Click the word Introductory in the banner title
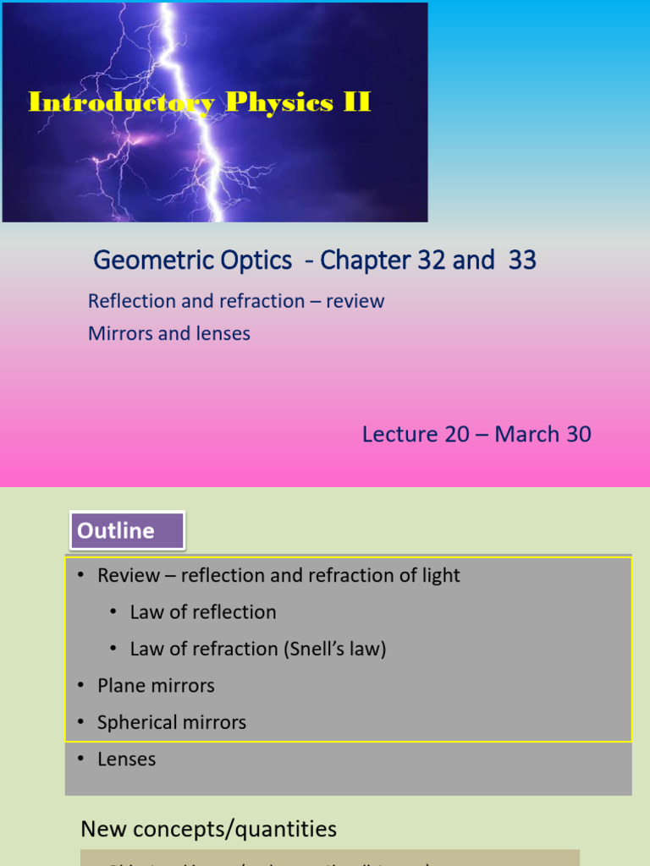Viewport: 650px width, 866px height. (121, 103)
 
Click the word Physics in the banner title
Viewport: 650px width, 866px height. (279, 103)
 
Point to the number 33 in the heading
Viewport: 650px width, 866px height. (522, 260)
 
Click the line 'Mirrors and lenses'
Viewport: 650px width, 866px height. (169, 333)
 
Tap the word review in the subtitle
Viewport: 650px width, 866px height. (355, 301)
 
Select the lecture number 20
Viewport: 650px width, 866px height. (453, 435)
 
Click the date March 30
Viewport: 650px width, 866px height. (543, 435)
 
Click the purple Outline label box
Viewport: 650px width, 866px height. (128, 531)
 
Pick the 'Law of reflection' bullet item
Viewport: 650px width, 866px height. (203, 612)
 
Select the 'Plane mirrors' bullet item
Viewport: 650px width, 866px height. (156, 686)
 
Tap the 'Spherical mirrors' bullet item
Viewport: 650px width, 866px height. (172, 722)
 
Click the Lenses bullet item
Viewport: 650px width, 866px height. (127, 759)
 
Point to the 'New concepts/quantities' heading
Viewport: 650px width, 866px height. (208, 829)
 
